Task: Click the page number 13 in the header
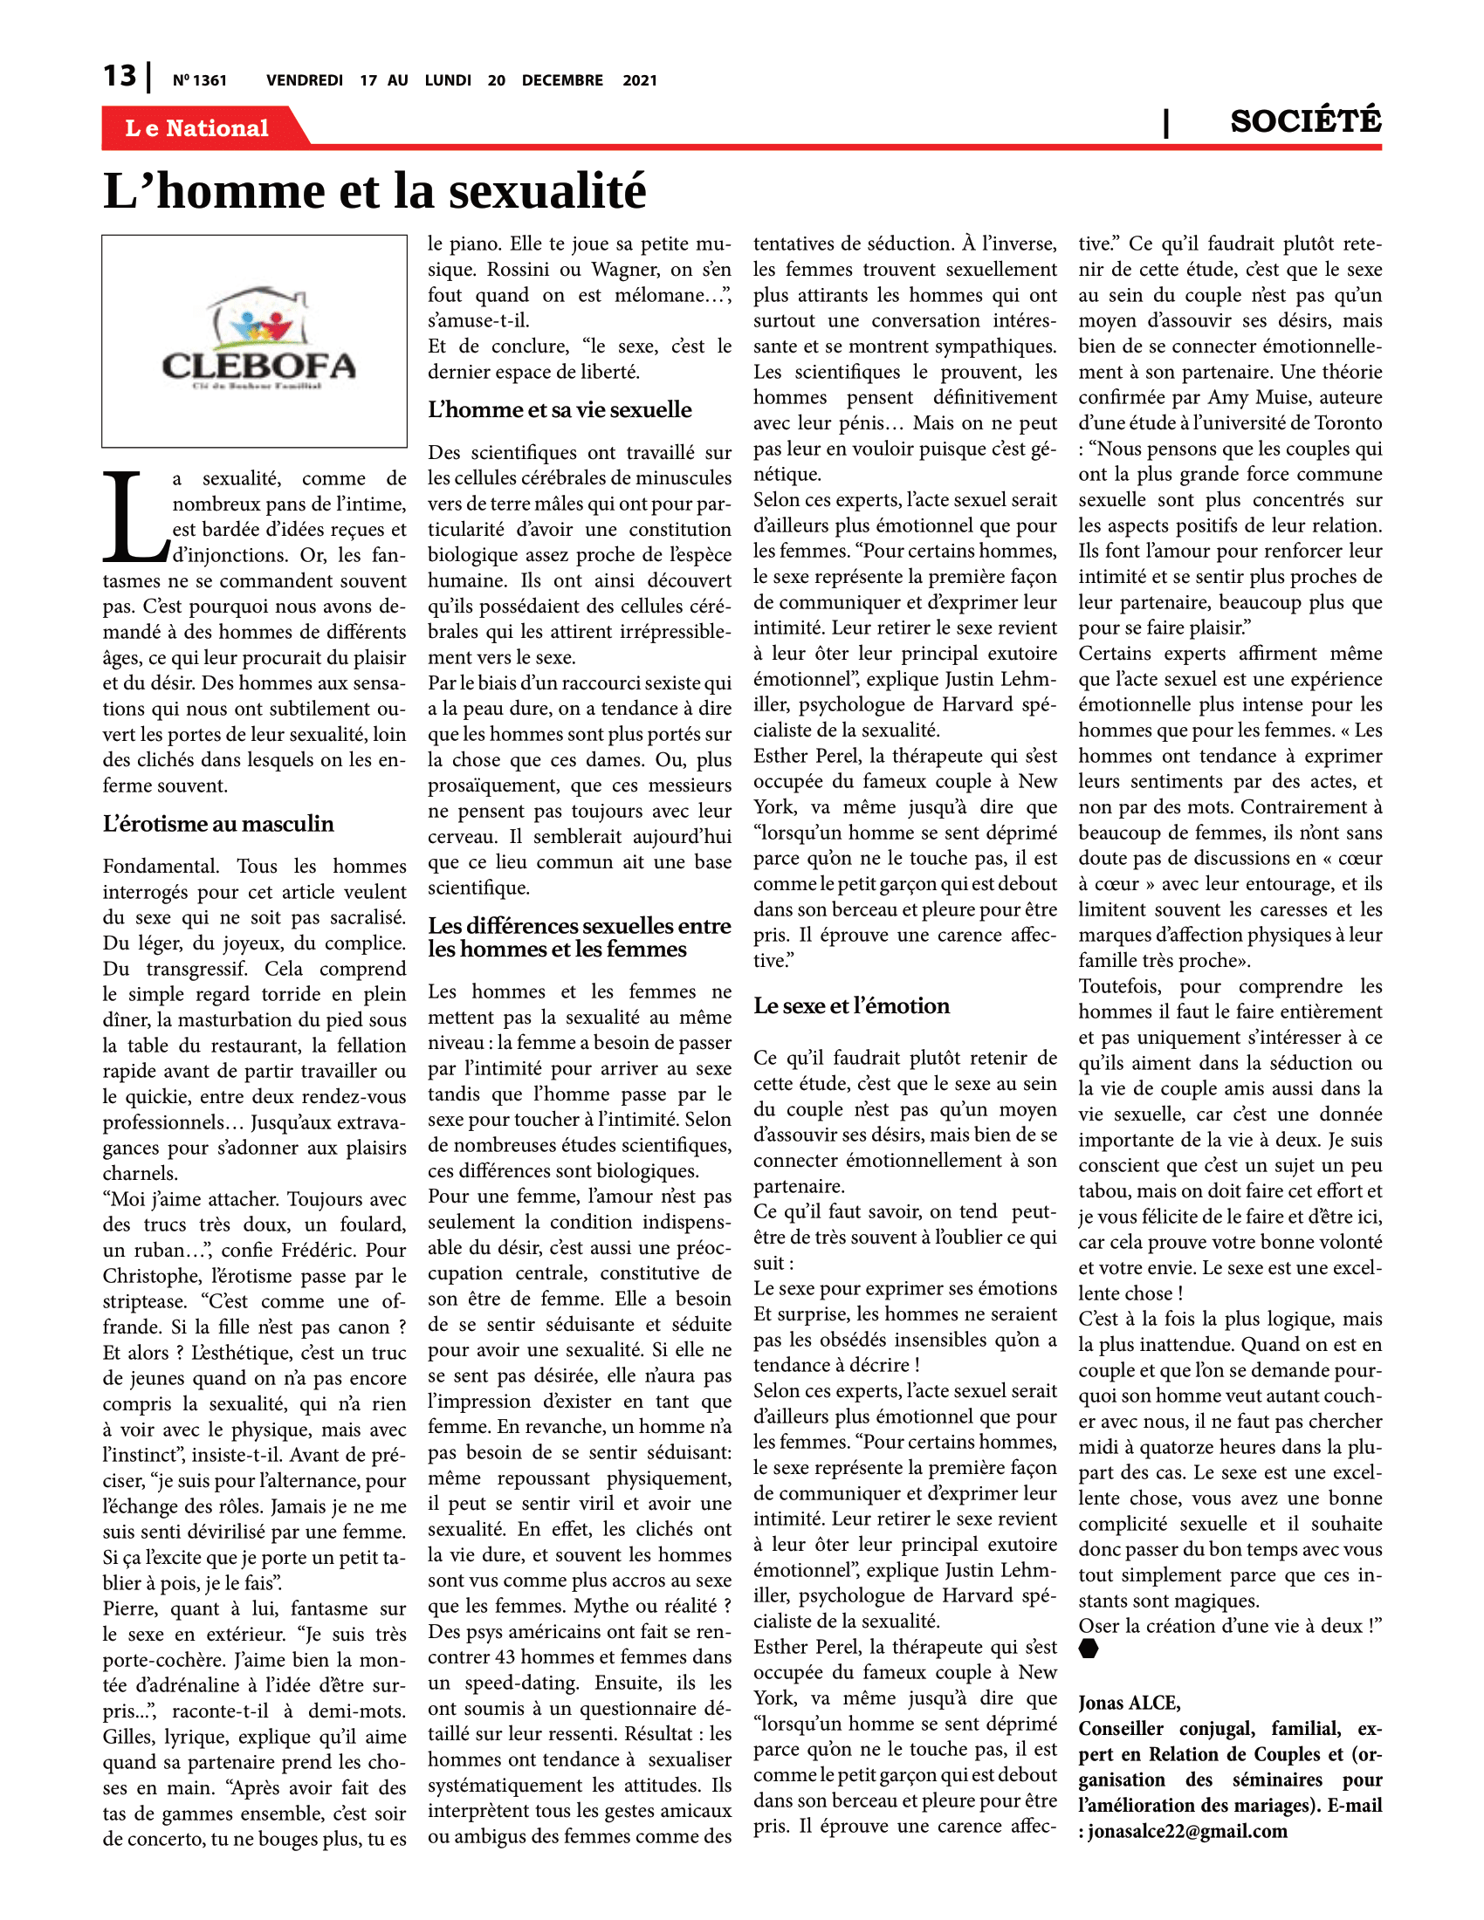120,77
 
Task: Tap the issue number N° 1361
200,81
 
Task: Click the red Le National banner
198,128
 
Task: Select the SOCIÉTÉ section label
1305,121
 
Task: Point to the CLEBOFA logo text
258,366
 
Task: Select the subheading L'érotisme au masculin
218,824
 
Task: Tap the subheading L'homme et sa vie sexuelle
560,409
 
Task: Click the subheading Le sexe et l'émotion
851,1005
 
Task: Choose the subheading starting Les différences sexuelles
579,937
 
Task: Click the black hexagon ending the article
1089,1649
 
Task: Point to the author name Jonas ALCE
1130,1703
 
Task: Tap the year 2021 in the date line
639,81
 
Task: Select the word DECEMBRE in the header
562,81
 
